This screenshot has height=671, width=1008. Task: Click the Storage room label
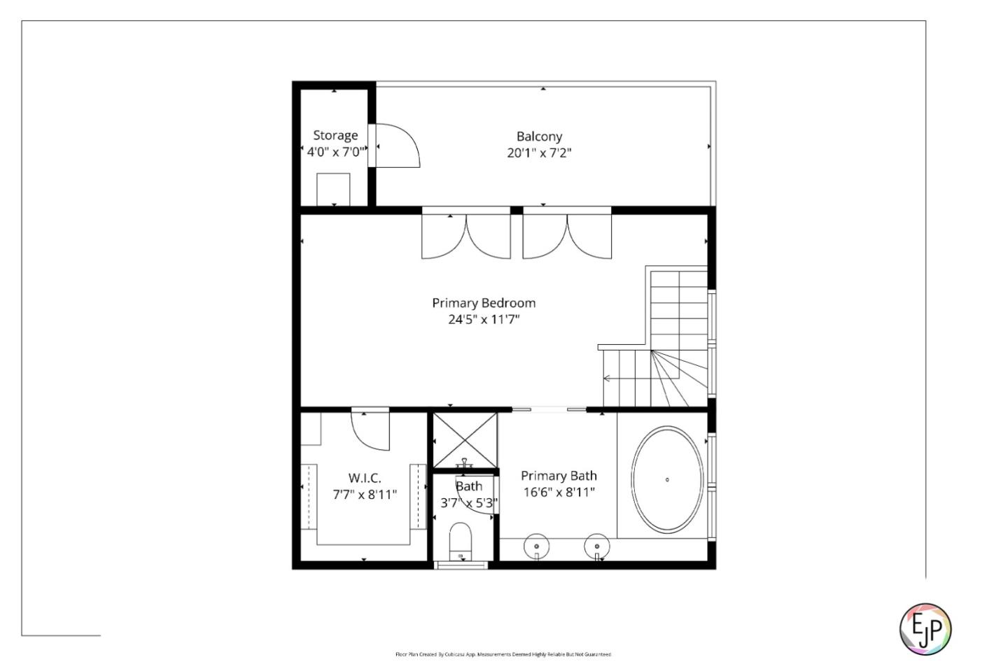pyautogui.click(x=335, y=135)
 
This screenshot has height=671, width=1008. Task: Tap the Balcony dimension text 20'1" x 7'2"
pyautogui.click(x=539, y=153)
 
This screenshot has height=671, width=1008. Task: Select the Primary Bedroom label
pyautogui.click(x=483, y=303)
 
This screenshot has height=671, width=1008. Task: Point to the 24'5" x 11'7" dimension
pyautogui.click(x=483, y=320)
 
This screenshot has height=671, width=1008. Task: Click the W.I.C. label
pyautogui.click(x=364, y=478)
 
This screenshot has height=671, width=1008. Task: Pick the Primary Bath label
pyautogui.click(x=559, y=476)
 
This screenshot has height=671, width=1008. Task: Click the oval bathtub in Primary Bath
pyautogui.click(x=667, y=480)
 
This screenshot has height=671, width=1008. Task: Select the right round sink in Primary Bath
pyautogui.click(x=596, y=545)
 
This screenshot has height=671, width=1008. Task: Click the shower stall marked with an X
pyautogui.click(x=465, y=440)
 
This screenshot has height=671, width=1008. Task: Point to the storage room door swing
pyautogui.click(x=397, y=146)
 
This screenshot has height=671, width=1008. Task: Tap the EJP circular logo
pyautogui.click(x=925, y=629)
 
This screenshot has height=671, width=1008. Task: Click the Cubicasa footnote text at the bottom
pyautogui.click(x=503, y=654)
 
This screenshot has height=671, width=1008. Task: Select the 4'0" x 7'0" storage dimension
pyautogui.click(x=335, y=152)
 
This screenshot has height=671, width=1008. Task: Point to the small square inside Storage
pyautogui.click(x=333, y=189)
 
